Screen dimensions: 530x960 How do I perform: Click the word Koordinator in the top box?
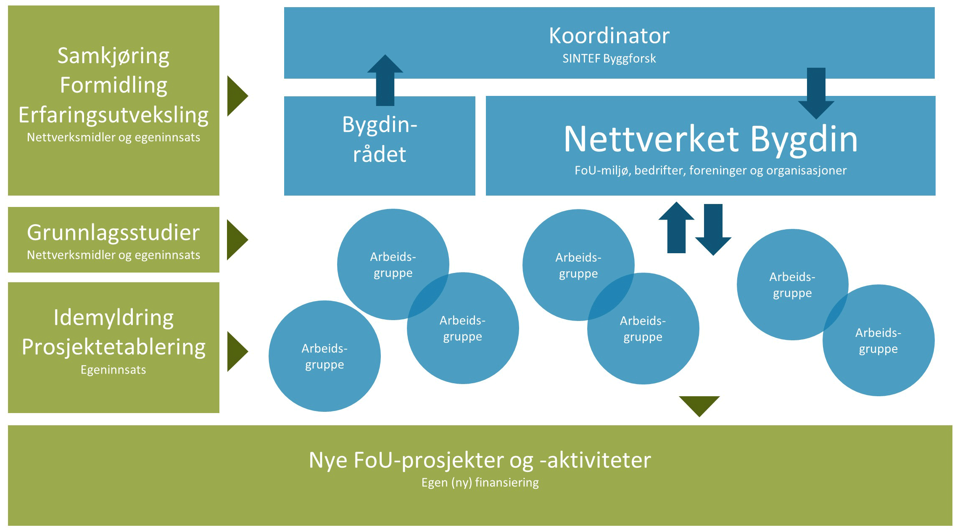point(609,36)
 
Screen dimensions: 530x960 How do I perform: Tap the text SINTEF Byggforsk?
point(609,58)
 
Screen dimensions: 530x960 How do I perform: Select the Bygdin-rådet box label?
point(380,140)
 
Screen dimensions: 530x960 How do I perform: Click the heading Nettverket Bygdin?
point(710,139)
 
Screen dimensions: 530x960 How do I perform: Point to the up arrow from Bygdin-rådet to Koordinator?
point(385,79)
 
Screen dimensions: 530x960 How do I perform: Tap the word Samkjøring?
point(113,56)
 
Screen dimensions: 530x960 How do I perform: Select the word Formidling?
point(113,85)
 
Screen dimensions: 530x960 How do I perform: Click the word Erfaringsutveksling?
point(113,115)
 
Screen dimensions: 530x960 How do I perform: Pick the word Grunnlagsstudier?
point(113,233)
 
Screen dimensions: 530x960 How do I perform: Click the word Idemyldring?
point(113,318)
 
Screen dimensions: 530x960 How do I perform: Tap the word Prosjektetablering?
point(113,347)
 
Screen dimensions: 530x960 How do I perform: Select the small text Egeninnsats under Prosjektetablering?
point(113,370)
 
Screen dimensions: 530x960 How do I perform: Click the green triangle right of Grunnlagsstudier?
point(237,240)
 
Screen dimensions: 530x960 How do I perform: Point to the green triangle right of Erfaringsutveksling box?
point(237,96)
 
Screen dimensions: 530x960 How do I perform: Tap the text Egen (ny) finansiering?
point(480,482)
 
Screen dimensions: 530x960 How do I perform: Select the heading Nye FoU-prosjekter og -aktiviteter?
point(480,460)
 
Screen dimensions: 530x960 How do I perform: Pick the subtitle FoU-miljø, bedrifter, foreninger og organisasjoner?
point(710,170)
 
